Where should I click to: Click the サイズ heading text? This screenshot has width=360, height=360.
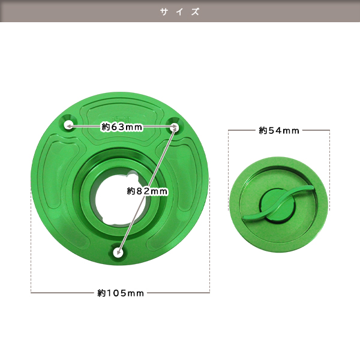click(x=180, y=12)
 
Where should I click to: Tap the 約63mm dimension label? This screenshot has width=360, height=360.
click(x=122, y=127)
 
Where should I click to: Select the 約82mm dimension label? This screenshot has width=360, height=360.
click(x=148, y=191)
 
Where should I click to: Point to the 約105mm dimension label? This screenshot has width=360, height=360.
click(x=121, y=293)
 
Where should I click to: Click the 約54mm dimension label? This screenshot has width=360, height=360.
click(x=279, y=130)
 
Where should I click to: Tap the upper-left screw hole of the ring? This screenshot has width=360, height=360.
click(x=68, y=125)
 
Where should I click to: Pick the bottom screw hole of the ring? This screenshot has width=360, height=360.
click(x=118, y=253)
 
